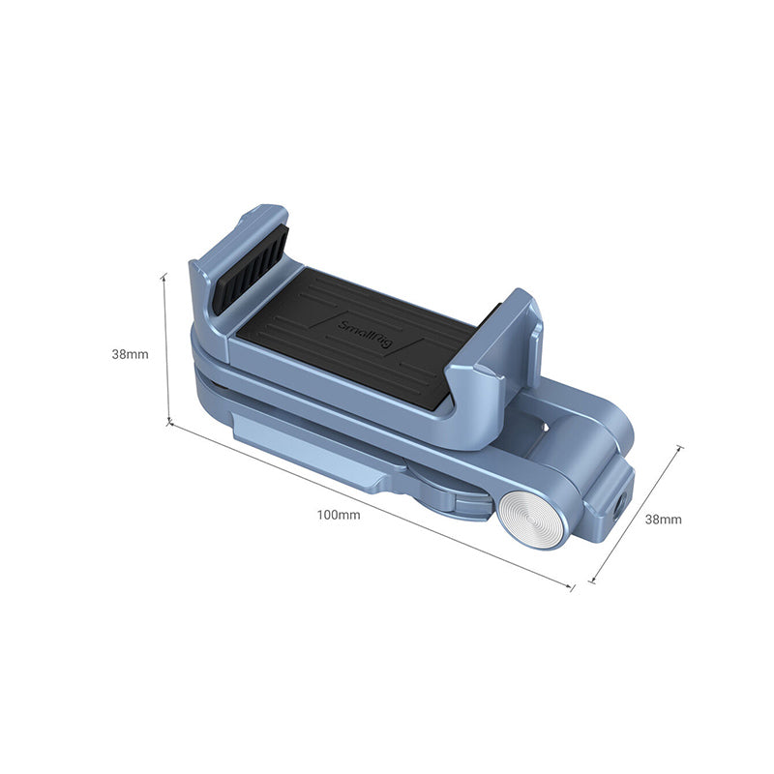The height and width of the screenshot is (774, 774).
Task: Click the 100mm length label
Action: tap(338, 515)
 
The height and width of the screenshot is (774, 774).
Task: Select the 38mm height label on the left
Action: tap(130, 354)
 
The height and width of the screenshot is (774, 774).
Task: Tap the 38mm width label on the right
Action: tap(664, 519)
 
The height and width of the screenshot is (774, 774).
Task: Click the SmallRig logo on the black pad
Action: tap(364, 334)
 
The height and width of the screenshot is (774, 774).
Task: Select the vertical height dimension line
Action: tap(166, 348)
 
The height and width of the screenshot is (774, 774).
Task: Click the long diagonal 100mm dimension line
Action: tap(372, 505)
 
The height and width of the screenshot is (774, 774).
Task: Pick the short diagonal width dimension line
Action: tap(637, 515)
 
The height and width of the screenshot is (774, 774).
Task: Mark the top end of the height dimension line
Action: tap(164, 275)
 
